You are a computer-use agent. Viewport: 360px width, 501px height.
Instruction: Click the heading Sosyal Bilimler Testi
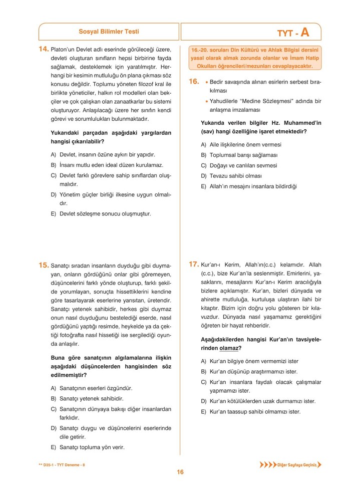point(109,32)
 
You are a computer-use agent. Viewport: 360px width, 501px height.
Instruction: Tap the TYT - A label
point(293,33)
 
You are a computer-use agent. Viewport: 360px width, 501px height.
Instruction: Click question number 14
point(44,49)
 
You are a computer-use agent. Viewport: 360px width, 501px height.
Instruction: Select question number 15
point(44,265)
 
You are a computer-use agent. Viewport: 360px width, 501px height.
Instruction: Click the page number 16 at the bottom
point(180,472)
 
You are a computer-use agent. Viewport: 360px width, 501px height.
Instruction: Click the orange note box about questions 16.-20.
point(255,58)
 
